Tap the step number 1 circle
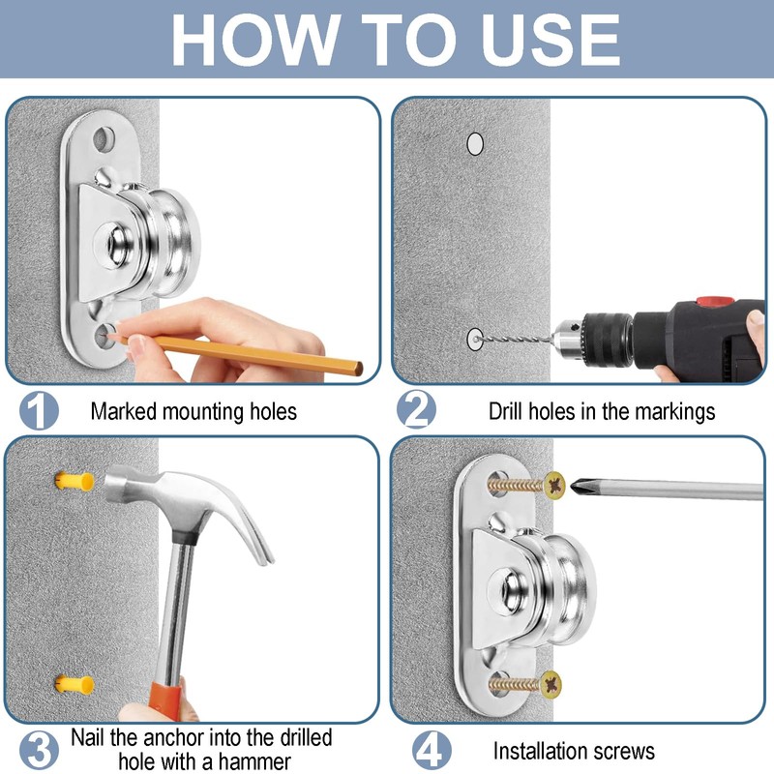(x=39, y=410)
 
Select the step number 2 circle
(x=417, y=409)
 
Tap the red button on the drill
(x=714, y=301)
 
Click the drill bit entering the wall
(x=514, y=340)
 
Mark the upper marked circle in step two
(x=475, y=143)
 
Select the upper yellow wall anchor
(x=74, y=481)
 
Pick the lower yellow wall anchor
(x=74, y=685)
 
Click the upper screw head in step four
(x=554, y=486)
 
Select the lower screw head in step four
(x=551, y=685)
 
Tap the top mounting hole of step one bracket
(x=104, y=139)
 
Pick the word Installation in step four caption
(x=540, y=751)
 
